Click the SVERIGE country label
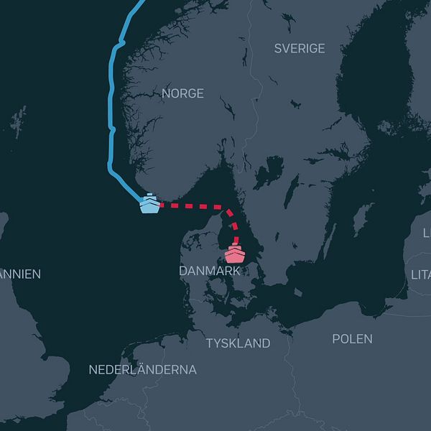point(300,49)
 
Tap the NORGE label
point(182,94)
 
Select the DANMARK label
point(210,272)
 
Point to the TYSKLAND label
point(238,343)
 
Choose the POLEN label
point(352,339)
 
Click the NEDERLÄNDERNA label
point(142,370)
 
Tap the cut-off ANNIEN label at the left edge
point(20,274)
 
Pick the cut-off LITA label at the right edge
point(420,274)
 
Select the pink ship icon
point(235,254)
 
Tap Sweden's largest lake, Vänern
point(269,173)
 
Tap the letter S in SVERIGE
point(278,49)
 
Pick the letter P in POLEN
point(336,339)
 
